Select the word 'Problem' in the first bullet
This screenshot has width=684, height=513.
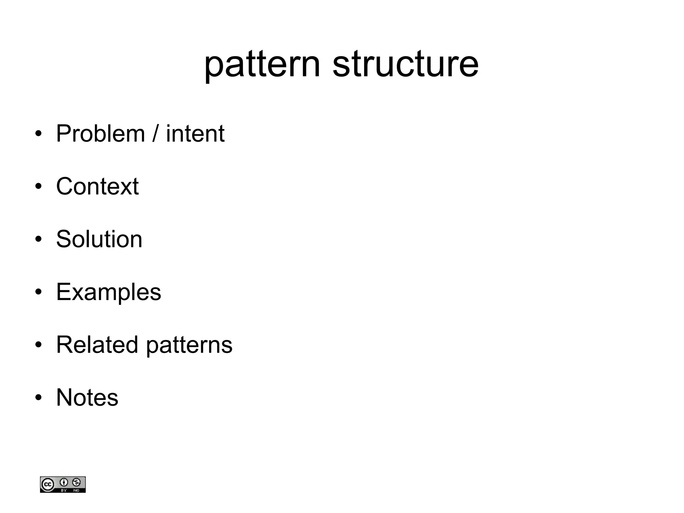coord(100,134)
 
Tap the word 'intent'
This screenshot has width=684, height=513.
coord(195,134)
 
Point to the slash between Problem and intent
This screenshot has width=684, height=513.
coord(155,134)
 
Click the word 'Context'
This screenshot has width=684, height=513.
coord(97,186)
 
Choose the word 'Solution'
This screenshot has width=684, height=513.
coord(99,239)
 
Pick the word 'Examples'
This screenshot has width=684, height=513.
coord(109,292)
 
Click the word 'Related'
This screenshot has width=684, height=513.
coord(97,345)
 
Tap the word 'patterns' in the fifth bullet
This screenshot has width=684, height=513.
coord(189,345)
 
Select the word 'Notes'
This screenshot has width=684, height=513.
coord(87,397)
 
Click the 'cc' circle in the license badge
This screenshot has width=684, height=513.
coord(47,484)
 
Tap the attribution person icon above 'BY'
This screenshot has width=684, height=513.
coord(64,482)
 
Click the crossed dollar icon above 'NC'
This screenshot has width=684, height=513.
coord(76,482)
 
